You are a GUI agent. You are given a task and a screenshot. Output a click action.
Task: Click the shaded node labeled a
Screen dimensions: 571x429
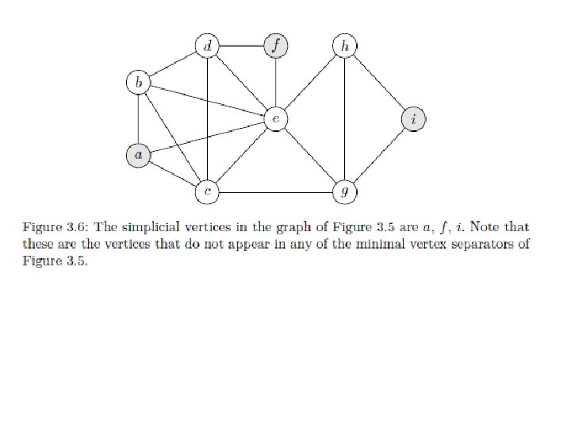pos(139,156)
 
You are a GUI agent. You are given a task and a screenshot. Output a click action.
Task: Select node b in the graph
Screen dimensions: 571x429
pos(139,82)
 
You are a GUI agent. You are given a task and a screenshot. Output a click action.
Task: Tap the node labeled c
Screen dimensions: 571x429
pos(207,191)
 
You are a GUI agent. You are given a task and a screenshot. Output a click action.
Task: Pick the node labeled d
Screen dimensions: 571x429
pos(207,46)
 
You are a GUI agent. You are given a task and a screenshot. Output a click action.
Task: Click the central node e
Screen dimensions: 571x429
pos(275,119)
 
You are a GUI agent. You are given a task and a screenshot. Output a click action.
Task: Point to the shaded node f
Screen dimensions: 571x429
pos(275,46)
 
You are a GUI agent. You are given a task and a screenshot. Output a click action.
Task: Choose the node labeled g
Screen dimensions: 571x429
pos(344,191)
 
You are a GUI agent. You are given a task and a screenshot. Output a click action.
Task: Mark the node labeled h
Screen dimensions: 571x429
pos(344,46)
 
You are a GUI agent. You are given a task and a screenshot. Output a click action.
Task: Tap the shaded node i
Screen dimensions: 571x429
pos(413,119)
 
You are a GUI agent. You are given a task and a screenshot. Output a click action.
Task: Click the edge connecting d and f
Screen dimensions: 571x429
pos(241,46)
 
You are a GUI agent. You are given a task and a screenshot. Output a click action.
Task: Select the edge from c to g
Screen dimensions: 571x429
pos(275,191)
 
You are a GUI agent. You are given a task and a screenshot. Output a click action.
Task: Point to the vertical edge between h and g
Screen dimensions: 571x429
pos(344,119)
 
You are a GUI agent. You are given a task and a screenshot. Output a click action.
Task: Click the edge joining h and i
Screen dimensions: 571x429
pos(379,83)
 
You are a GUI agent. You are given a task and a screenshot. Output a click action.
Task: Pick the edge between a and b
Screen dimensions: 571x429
pos(139,119)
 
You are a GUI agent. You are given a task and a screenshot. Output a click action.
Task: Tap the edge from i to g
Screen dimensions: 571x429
pos(379,156)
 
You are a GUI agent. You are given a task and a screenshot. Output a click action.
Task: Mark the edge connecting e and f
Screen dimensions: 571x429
pos(275,83)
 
